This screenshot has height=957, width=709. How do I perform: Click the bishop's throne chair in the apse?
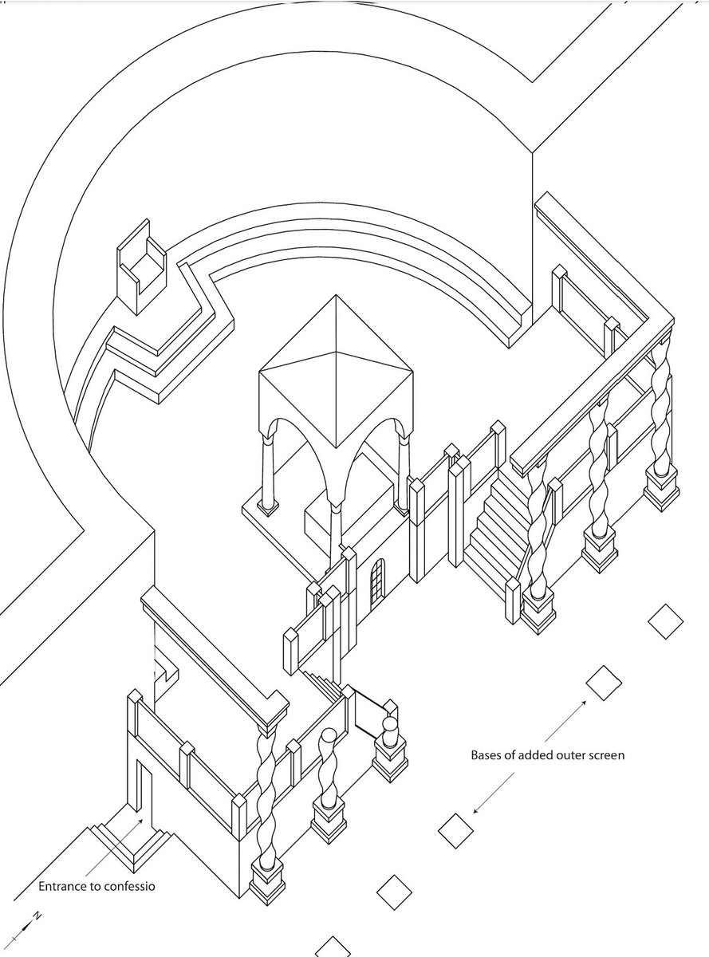tap(141, 266)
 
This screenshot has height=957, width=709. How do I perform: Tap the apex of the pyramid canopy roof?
tap(336, 295)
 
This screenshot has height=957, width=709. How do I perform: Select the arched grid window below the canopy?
tap(377, 585)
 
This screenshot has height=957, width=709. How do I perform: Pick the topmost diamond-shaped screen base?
tap(666, 621)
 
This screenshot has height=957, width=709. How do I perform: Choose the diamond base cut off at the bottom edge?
tap(333, 948)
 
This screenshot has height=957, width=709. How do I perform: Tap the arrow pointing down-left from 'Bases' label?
tap(494, 793)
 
